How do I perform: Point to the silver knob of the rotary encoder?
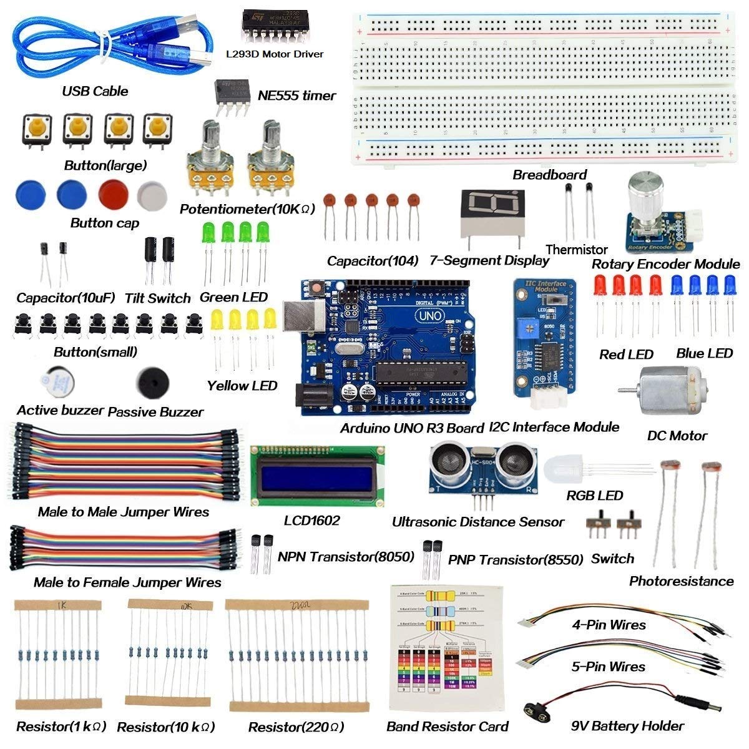coord(645,187)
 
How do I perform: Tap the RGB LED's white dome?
coord(565,469)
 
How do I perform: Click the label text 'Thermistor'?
coord(576,250)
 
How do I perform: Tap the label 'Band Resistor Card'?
coord(447,727)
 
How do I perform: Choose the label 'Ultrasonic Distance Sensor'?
coord(477,522)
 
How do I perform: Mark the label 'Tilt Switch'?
coord(157,298)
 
